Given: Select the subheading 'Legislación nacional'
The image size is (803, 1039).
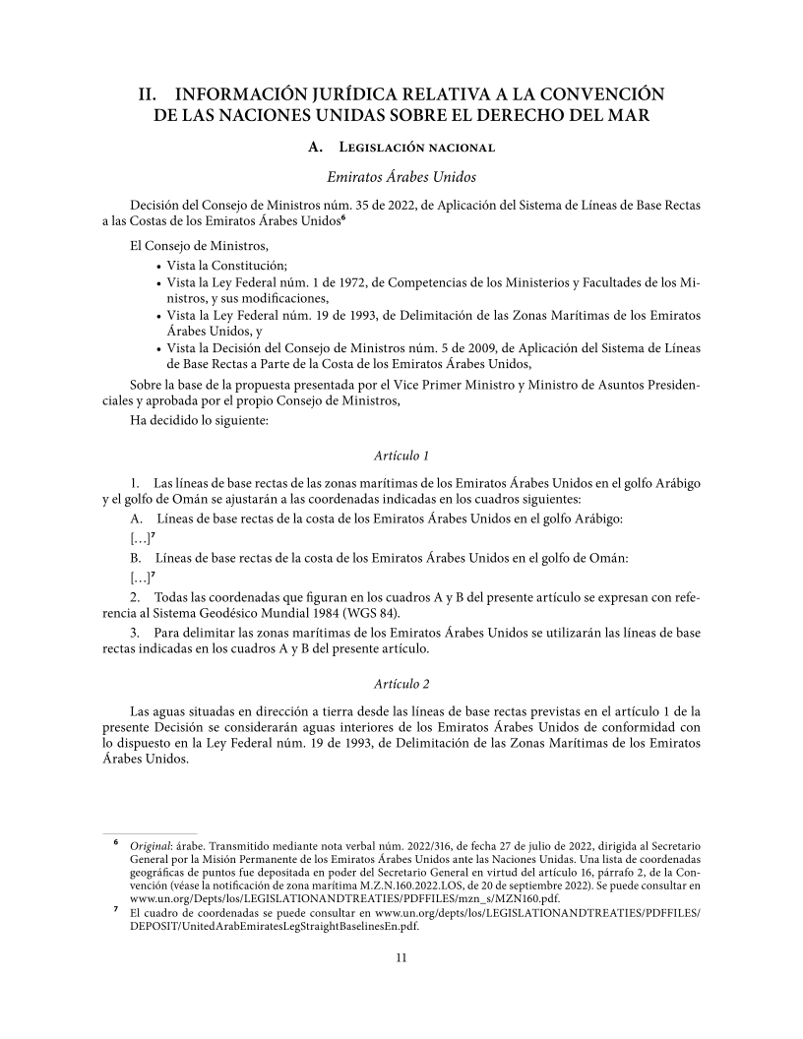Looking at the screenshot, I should [408, 149].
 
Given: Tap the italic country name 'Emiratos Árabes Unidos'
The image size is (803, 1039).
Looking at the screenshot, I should [401, 178].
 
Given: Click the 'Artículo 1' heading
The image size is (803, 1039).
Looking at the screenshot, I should [401, 457].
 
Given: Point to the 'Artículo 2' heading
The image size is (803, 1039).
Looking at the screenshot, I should [401, 683].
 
